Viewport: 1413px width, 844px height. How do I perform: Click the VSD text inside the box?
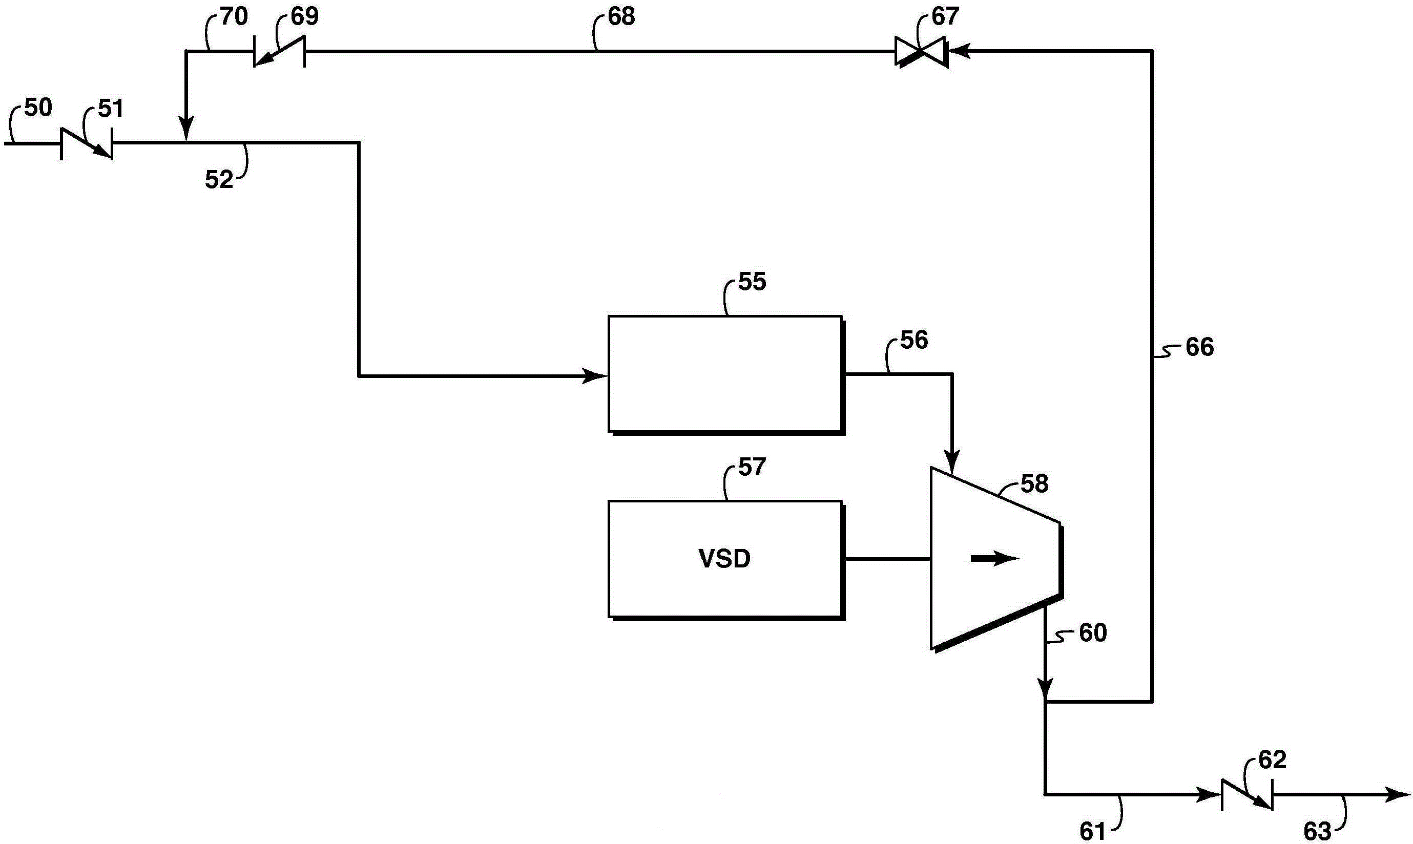tap(724, 559)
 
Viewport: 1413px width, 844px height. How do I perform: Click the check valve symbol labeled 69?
tap(279, 52)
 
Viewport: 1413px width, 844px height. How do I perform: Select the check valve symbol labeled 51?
tap(87, 143)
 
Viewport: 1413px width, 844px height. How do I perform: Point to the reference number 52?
tap(219, 180)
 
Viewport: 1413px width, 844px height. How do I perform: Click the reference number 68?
tap(621, 16)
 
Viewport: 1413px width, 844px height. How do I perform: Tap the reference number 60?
tap(1093, 633)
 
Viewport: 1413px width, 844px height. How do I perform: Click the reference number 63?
tap(1317, 832)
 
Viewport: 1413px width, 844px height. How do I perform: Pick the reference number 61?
tap(1093, 832)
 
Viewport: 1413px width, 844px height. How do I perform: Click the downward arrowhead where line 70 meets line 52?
tap(186, 128)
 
